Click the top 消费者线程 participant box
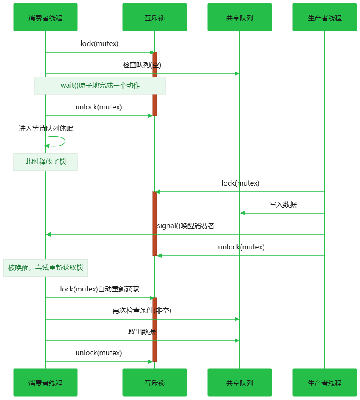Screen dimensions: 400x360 [x=45, y=17]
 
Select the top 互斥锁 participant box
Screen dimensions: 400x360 [x=155, y=17]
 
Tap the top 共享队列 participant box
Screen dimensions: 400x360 [x=240, y=17]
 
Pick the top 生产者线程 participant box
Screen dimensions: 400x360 [x=325, y=17]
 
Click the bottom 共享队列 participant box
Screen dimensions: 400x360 [x=240, y=383]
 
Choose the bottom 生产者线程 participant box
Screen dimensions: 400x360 [x=325, y=383]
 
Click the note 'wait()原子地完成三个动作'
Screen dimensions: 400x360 [x=100, y=86]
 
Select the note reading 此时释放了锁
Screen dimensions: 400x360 [x=45, y=162]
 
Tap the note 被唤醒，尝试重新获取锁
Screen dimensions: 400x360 [x=45, y=268]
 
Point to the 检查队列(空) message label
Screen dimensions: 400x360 [x=142, y=65]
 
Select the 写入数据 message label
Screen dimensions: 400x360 [x=283, y=205]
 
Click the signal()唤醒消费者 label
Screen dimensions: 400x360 [x=185, y=226]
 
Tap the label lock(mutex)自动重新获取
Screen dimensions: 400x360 [x=99, y=289]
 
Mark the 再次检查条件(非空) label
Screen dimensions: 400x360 [x=142, y=311]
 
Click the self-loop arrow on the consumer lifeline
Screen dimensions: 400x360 [x=62, y=141]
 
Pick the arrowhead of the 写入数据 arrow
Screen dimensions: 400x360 [x=242, y=213]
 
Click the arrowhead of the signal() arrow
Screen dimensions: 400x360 [x=48, y=234]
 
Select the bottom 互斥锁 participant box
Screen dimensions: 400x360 [x=155, y=383]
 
